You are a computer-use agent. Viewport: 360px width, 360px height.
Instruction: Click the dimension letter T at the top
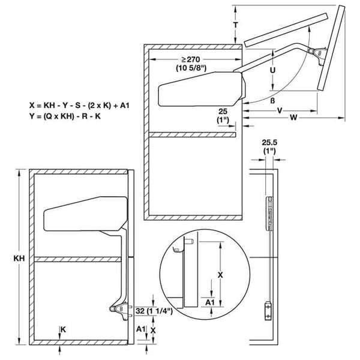pyautogui.click(x=236, y=26)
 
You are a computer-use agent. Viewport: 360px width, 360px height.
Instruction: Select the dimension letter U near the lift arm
pyautogui.click(x=272, y=70)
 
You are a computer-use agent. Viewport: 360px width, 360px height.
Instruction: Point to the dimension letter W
pyautogui.click(x=293, y=118)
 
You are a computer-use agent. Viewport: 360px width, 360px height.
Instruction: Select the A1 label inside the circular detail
pyautogui.click(x=211, y=303)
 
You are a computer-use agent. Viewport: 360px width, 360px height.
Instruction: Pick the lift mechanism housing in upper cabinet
pyautogui.click(x=200, y=86)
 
